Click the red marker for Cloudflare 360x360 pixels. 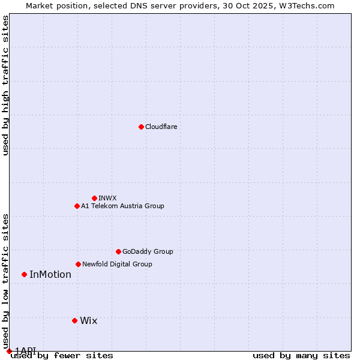pos(141,127)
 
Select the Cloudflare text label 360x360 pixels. pos(161,127)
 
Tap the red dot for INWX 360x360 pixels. pos(94,198)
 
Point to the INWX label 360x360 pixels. pos(107,198)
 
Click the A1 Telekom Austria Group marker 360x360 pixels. pos(77,206)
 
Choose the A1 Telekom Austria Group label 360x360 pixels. pos(122,206)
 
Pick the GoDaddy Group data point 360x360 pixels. pos(118,251)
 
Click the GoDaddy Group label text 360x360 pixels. pos(147,251)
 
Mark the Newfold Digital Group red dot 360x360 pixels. pos(78,264)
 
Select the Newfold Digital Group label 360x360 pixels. pos(117,264)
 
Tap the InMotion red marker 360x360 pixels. pos(24,274)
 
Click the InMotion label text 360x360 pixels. pos(50,275)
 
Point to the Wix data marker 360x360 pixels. pos(74,320)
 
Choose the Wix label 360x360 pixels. pos(88,321)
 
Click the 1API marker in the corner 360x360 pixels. pos(9,351)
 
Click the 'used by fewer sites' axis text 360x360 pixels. pos(62,356)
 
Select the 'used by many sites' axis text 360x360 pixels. pos(301,356)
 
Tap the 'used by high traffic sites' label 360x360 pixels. pos(5,85)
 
